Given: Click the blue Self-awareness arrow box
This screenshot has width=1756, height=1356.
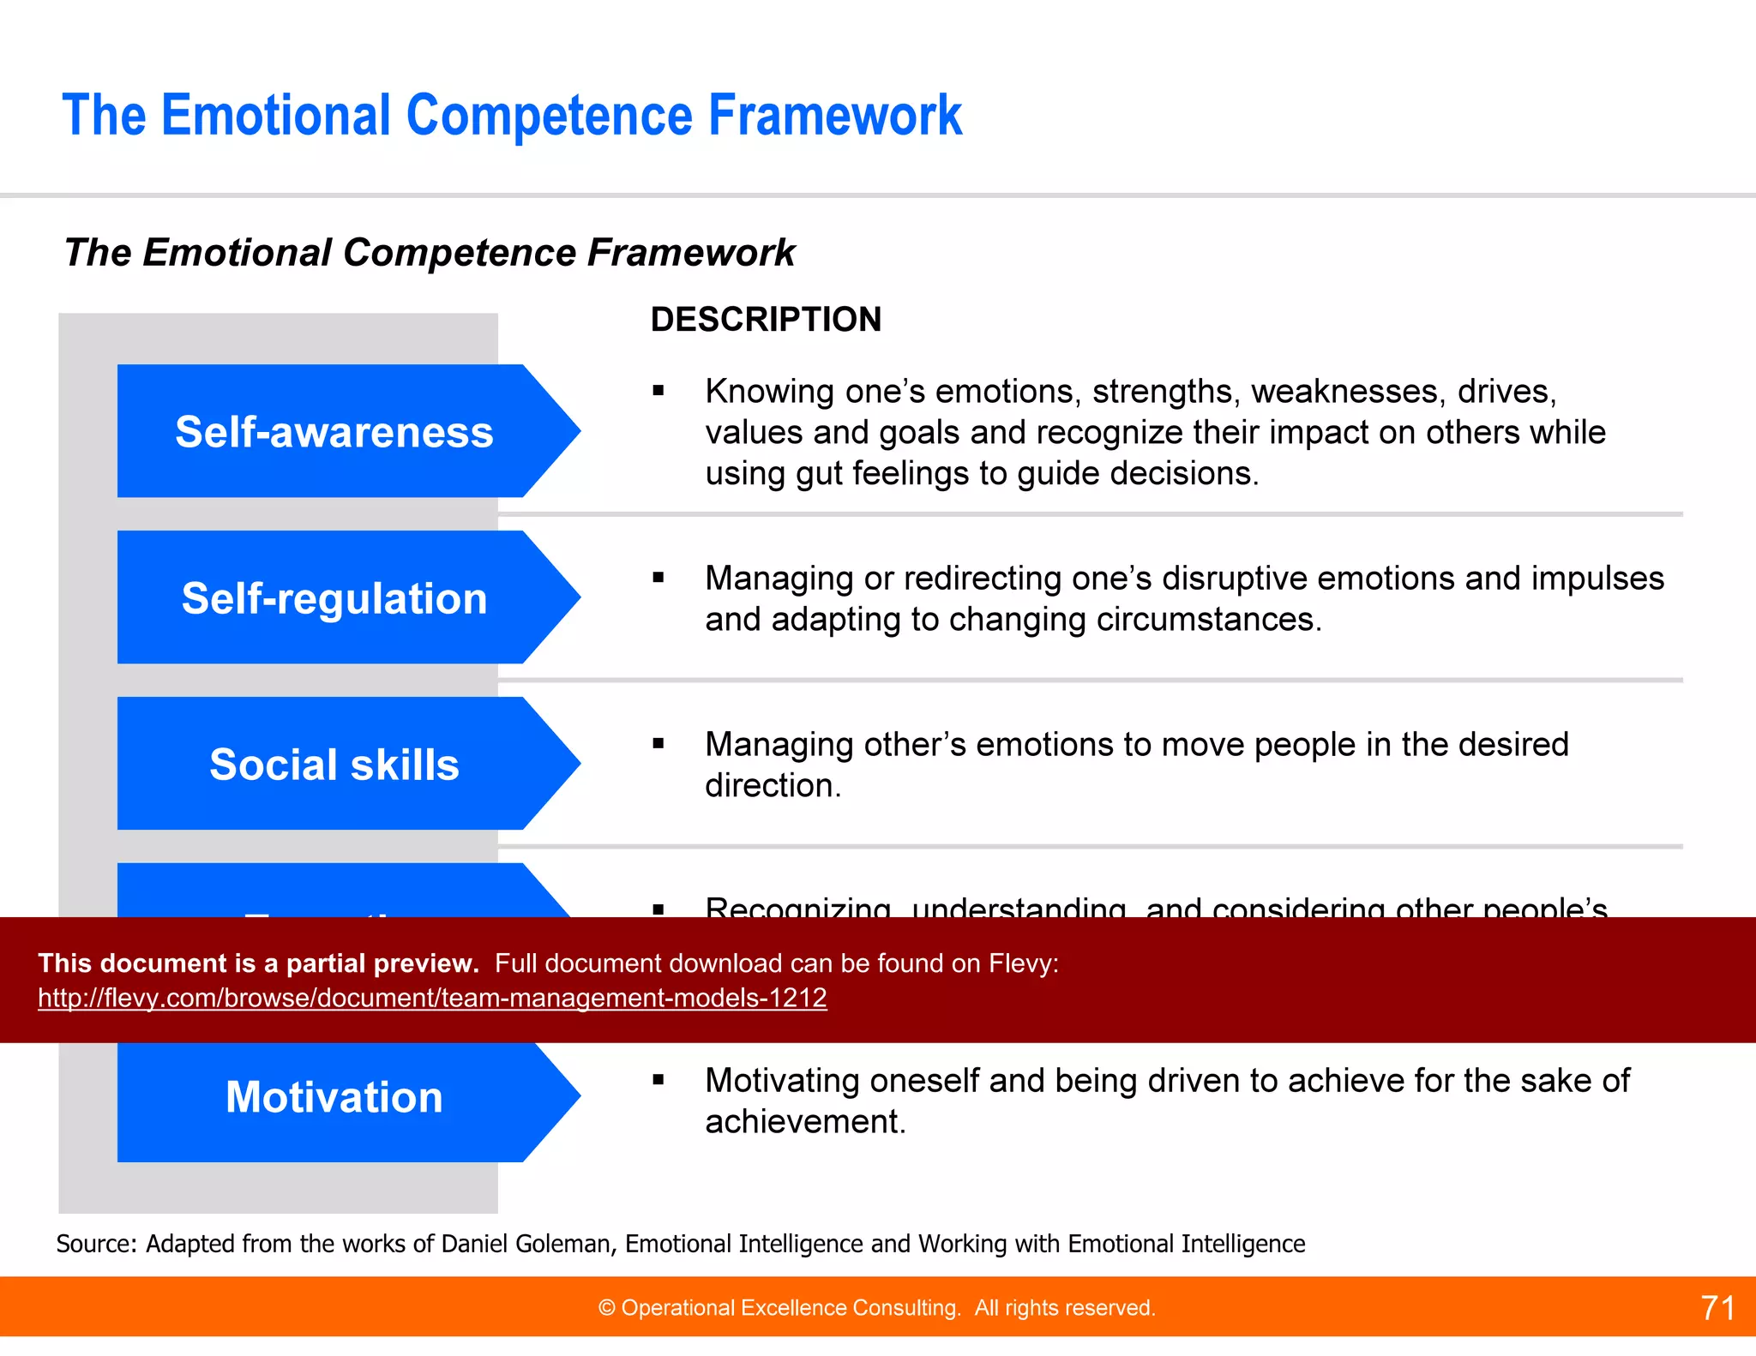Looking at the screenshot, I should point(334,431).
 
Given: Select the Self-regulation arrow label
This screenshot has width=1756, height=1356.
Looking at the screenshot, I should point(334,597).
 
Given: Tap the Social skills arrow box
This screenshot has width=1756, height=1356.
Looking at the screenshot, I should point(334,764).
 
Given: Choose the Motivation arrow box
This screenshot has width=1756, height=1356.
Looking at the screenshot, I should point(334,1097).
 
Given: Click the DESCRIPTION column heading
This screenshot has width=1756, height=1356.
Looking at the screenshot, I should point(766,319).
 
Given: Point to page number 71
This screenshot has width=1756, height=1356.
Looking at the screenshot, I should point(1717,1308).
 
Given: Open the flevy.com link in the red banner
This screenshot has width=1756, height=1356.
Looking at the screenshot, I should point(432,998).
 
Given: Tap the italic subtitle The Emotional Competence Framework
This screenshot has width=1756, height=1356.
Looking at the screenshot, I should point(430,253).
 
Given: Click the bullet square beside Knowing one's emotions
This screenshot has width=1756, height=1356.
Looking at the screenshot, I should point(658,392).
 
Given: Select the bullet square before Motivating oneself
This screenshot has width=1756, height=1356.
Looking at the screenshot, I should point(658,1081).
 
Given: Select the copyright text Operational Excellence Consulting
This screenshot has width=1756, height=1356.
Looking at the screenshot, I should point(789,1308).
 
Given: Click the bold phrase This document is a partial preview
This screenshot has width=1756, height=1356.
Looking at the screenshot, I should point(258,963).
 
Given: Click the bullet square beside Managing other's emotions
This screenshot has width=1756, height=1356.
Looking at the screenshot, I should point(658,744).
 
